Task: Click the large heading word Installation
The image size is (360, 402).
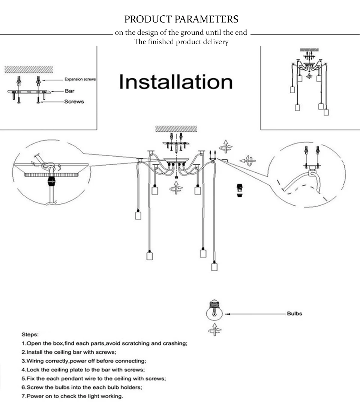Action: (x=176, y=82)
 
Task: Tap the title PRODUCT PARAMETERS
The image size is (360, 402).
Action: (x=181, y=19)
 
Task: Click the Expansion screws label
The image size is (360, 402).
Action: (x=80, y=79)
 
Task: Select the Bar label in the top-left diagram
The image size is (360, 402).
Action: (x=70, y=91)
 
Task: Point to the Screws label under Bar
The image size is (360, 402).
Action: (x=74, y=102)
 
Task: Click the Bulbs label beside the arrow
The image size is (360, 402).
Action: (x=294, y=314)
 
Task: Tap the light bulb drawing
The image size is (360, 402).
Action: (x=214, y=311)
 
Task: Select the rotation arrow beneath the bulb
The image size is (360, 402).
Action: (x=214, y=330)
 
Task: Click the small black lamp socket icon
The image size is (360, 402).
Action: (x=238, y=190)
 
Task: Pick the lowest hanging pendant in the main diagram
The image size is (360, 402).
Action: (x=214, y=266)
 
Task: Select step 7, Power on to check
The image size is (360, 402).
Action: (x=72, y=396)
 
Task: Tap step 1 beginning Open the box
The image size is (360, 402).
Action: (x=104, y=343)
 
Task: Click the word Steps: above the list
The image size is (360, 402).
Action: (x=30, y=334)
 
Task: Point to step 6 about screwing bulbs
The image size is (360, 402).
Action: (x=81, y=387)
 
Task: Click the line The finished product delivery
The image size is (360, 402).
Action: (x=181, y=42)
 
